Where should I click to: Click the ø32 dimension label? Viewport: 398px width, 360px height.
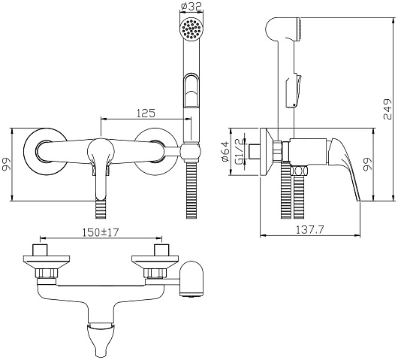(x=191, y=6)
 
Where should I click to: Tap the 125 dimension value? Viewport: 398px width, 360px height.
(x=146, y=113)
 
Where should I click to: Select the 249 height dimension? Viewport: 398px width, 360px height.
(x=387, y=109)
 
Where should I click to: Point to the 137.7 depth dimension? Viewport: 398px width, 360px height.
(x=310, y=230)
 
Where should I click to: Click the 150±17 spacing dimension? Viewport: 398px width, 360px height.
(x=101, y=232)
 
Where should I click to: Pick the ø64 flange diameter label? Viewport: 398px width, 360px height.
(x=225, y=152)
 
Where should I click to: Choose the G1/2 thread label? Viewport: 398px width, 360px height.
(x=240, y=151)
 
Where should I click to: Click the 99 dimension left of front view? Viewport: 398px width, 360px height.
(x=7, y=165)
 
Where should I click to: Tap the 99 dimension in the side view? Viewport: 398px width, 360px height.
(x=367, y=165)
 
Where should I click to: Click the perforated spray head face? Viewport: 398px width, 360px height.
(x=191, y=29)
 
